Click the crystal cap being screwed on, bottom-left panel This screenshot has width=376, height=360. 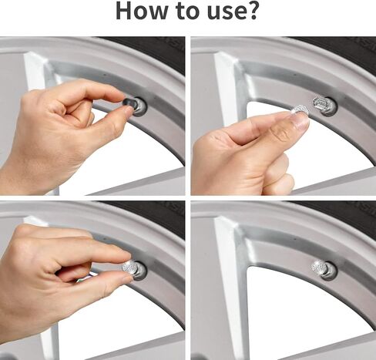coord(130,267)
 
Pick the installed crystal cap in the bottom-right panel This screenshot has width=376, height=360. coord(319,267)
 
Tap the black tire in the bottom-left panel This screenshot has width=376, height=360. coord(152,216)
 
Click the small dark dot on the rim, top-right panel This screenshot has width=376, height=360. coord(295,75)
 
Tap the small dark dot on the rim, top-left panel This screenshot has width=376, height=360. coord(105,75)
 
